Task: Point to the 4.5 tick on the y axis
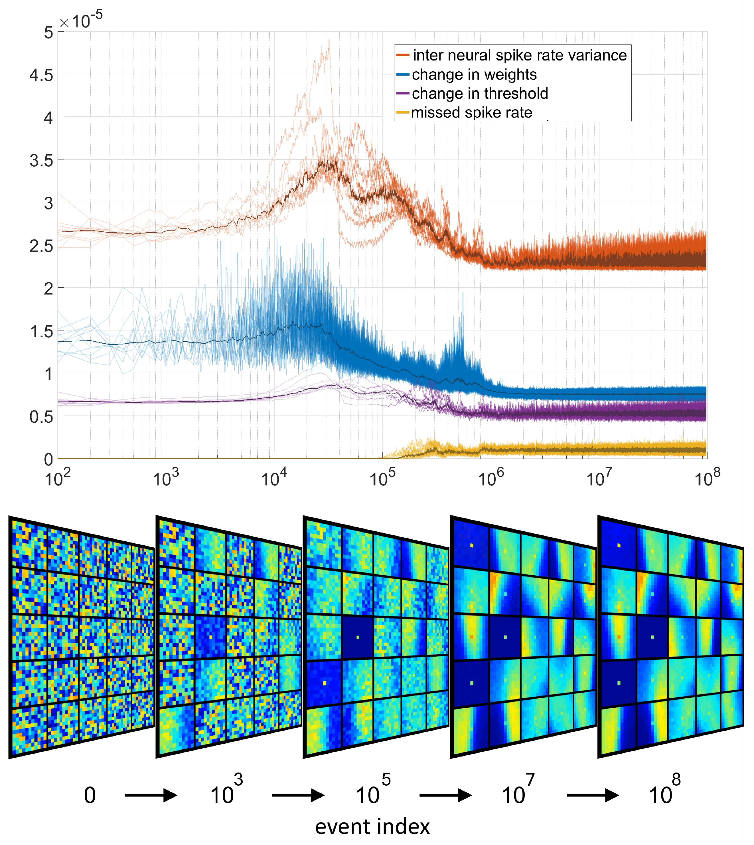[41, 75]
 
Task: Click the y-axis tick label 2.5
[41, 246]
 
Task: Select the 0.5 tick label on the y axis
[41, 417]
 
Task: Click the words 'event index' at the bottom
[372, 827]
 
